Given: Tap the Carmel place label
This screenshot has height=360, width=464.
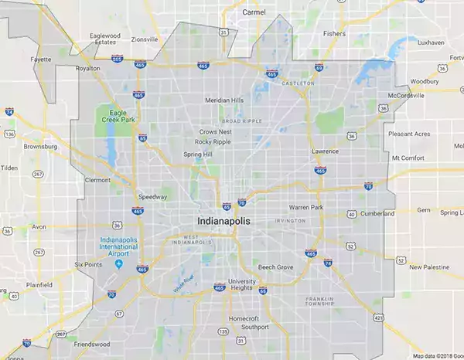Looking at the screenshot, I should click(x=253, y=12).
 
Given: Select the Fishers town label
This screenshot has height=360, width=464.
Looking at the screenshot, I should click(x=334, y=34).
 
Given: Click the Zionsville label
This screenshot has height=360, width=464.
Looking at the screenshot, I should click(x=145, y=39).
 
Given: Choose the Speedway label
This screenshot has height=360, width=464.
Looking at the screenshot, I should click(x=152, y=197).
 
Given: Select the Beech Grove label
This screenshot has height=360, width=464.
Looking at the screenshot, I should click(x=276, y=267).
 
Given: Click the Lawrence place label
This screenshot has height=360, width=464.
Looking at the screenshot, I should click(x=325, y=151).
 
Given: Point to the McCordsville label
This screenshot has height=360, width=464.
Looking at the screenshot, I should click(x=406, y=96).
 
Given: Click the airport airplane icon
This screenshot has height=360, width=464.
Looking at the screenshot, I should click(x=118, y=263).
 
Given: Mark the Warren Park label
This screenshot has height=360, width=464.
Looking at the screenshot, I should click(x=306, y=207).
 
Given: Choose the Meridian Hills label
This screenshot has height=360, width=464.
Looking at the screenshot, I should click(x=224, y=100).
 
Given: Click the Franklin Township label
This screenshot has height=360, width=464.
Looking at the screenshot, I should click(x=319, y=301).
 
